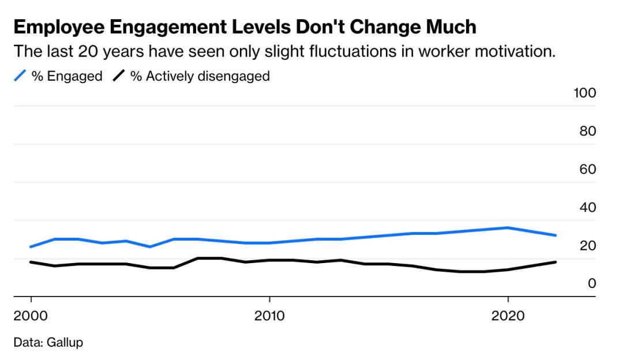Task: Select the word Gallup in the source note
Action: [x=65, y=342]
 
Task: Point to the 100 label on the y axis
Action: [x=584, y=93]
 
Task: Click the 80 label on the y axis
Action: [x=587, y=131]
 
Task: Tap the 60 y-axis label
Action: [x=587, y=169]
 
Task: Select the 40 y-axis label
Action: [x=587, y=207]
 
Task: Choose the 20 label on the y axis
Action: [x=587, y=245]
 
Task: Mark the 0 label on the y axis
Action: [x=591, y=283]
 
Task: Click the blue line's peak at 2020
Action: [x=508, y=228]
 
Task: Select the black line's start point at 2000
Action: [x=31, y=262]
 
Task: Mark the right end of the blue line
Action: [x=555, y=235]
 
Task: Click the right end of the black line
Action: [x=555, y=262]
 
